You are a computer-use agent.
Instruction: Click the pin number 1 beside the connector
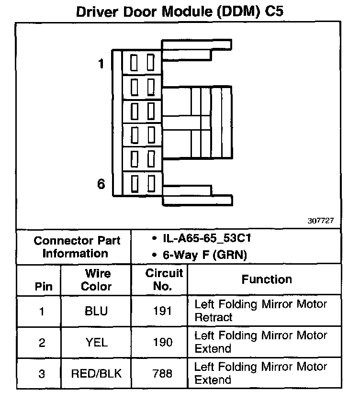[x=101, y=64]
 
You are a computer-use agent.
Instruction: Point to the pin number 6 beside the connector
[x=101, y=183]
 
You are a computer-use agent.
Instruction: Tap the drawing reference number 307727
[x=320, y=221]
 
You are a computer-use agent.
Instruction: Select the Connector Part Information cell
[x=74, y=247]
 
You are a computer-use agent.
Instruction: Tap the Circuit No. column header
[x=163, y=280]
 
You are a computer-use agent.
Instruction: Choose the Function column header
[x=267, y=279]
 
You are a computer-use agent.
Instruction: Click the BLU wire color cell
[x=96, y=311]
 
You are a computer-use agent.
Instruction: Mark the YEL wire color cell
[x=96, y=343]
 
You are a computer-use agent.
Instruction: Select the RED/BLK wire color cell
[x=96, y=374]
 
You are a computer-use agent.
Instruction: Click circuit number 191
[x=163, y=311]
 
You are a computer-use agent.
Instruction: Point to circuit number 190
[x=163, y=343]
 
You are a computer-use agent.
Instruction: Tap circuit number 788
[x=163, y=374]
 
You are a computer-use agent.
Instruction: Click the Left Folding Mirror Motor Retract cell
[x=260, y=311]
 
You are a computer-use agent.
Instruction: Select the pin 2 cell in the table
[x=41, y=343]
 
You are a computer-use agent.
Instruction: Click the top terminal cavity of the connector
[x=142, y=63]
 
